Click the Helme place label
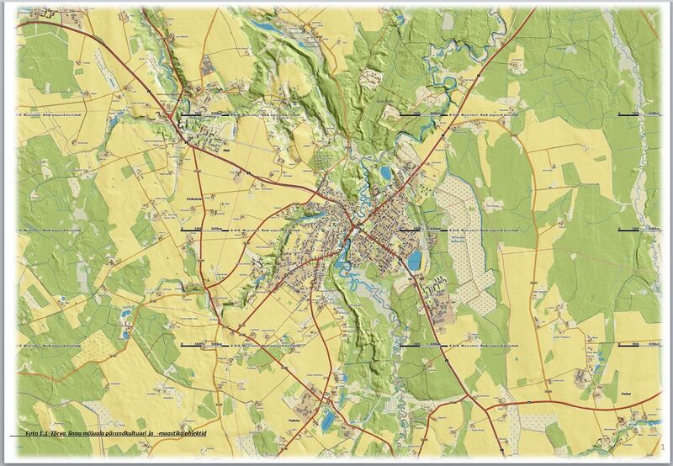pyautogui.click(x=227, y=151)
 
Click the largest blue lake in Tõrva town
pyautogui.click(x=414, y=259)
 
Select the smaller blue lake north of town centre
pyautogui.click(x=384, y=173)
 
